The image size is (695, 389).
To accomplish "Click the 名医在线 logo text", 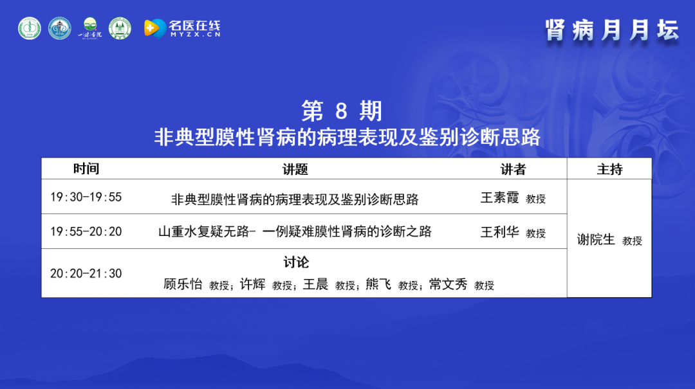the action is (x=194, y=28).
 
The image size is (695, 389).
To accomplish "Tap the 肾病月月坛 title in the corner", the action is (x=612, y=31).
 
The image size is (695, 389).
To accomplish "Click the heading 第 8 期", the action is (x=342, y=111).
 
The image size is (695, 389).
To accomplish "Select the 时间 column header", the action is (x=86, y=169).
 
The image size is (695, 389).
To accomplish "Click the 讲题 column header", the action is (x=295, y=169).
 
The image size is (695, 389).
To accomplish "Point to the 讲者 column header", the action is (x=513, y=169).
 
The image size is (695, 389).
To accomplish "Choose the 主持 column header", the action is (x=609, y=169).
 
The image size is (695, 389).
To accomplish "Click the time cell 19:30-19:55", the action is (x=86, y=197).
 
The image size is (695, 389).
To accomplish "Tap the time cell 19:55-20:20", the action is (x=86, y=231).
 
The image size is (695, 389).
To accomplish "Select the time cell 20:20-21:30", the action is (x=86, y=273).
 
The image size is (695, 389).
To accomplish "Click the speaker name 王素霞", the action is (x=499, y=197).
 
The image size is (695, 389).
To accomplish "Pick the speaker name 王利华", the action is (x=499, y=232).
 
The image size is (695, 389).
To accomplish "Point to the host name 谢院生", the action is (x=596, y=240).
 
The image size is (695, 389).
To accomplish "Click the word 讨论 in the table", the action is (x=296, y=262).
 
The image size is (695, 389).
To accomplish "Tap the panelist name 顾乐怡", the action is (x=183, y=284).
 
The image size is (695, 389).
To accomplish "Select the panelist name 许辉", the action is (x=253, y=284).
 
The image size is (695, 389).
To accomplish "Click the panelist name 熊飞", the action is (x=378, y=284).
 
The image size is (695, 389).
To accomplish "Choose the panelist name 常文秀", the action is (x=448, y=284).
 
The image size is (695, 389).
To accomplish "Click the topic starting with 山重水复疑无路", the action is (x=295, y=231).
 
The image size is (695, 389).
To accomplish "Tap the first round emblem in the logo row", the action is (x=30, y=28).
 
